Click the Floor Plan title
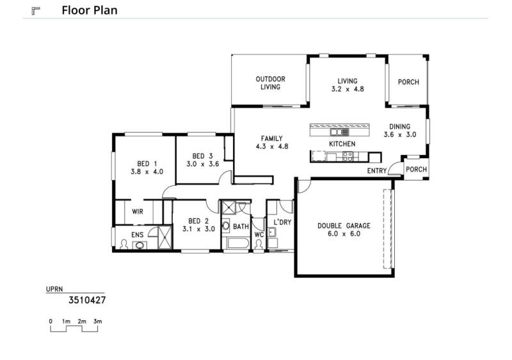pos(90,10)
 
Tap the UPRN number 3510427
pos(87,300)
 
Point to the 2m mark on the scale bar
pos(82,322)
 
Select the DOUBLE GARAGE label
pos(344,225)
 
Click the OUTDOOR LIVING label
pos(270,83)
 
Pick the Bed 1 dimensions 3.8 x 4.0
pos(147,172)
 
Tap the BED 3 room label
pos(202,156)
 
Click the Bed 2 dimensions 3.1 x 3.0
pos(198,229)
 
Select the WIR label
pos(138,211)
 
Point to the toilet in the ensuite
pos(124,244)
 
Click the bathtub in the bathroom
pos(237,243)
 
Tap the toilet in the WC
pos(259,245)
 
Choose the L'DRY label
pos(282,222)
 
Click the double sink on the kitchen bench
pos(339,132)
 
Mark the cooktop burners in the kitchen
pos(348,157)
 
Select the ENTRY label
pos(377,171)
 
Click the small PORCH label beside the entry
pos(417,170)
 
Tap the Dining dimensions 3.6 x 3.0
pos(400,135)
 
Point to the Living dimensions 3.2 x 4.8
pos(348,89)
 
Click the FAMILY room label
pos(271,138)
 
